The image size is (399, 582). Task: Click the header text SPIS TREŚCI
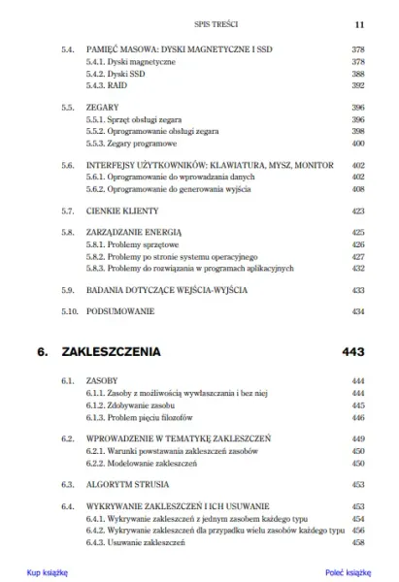[199, 20]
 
